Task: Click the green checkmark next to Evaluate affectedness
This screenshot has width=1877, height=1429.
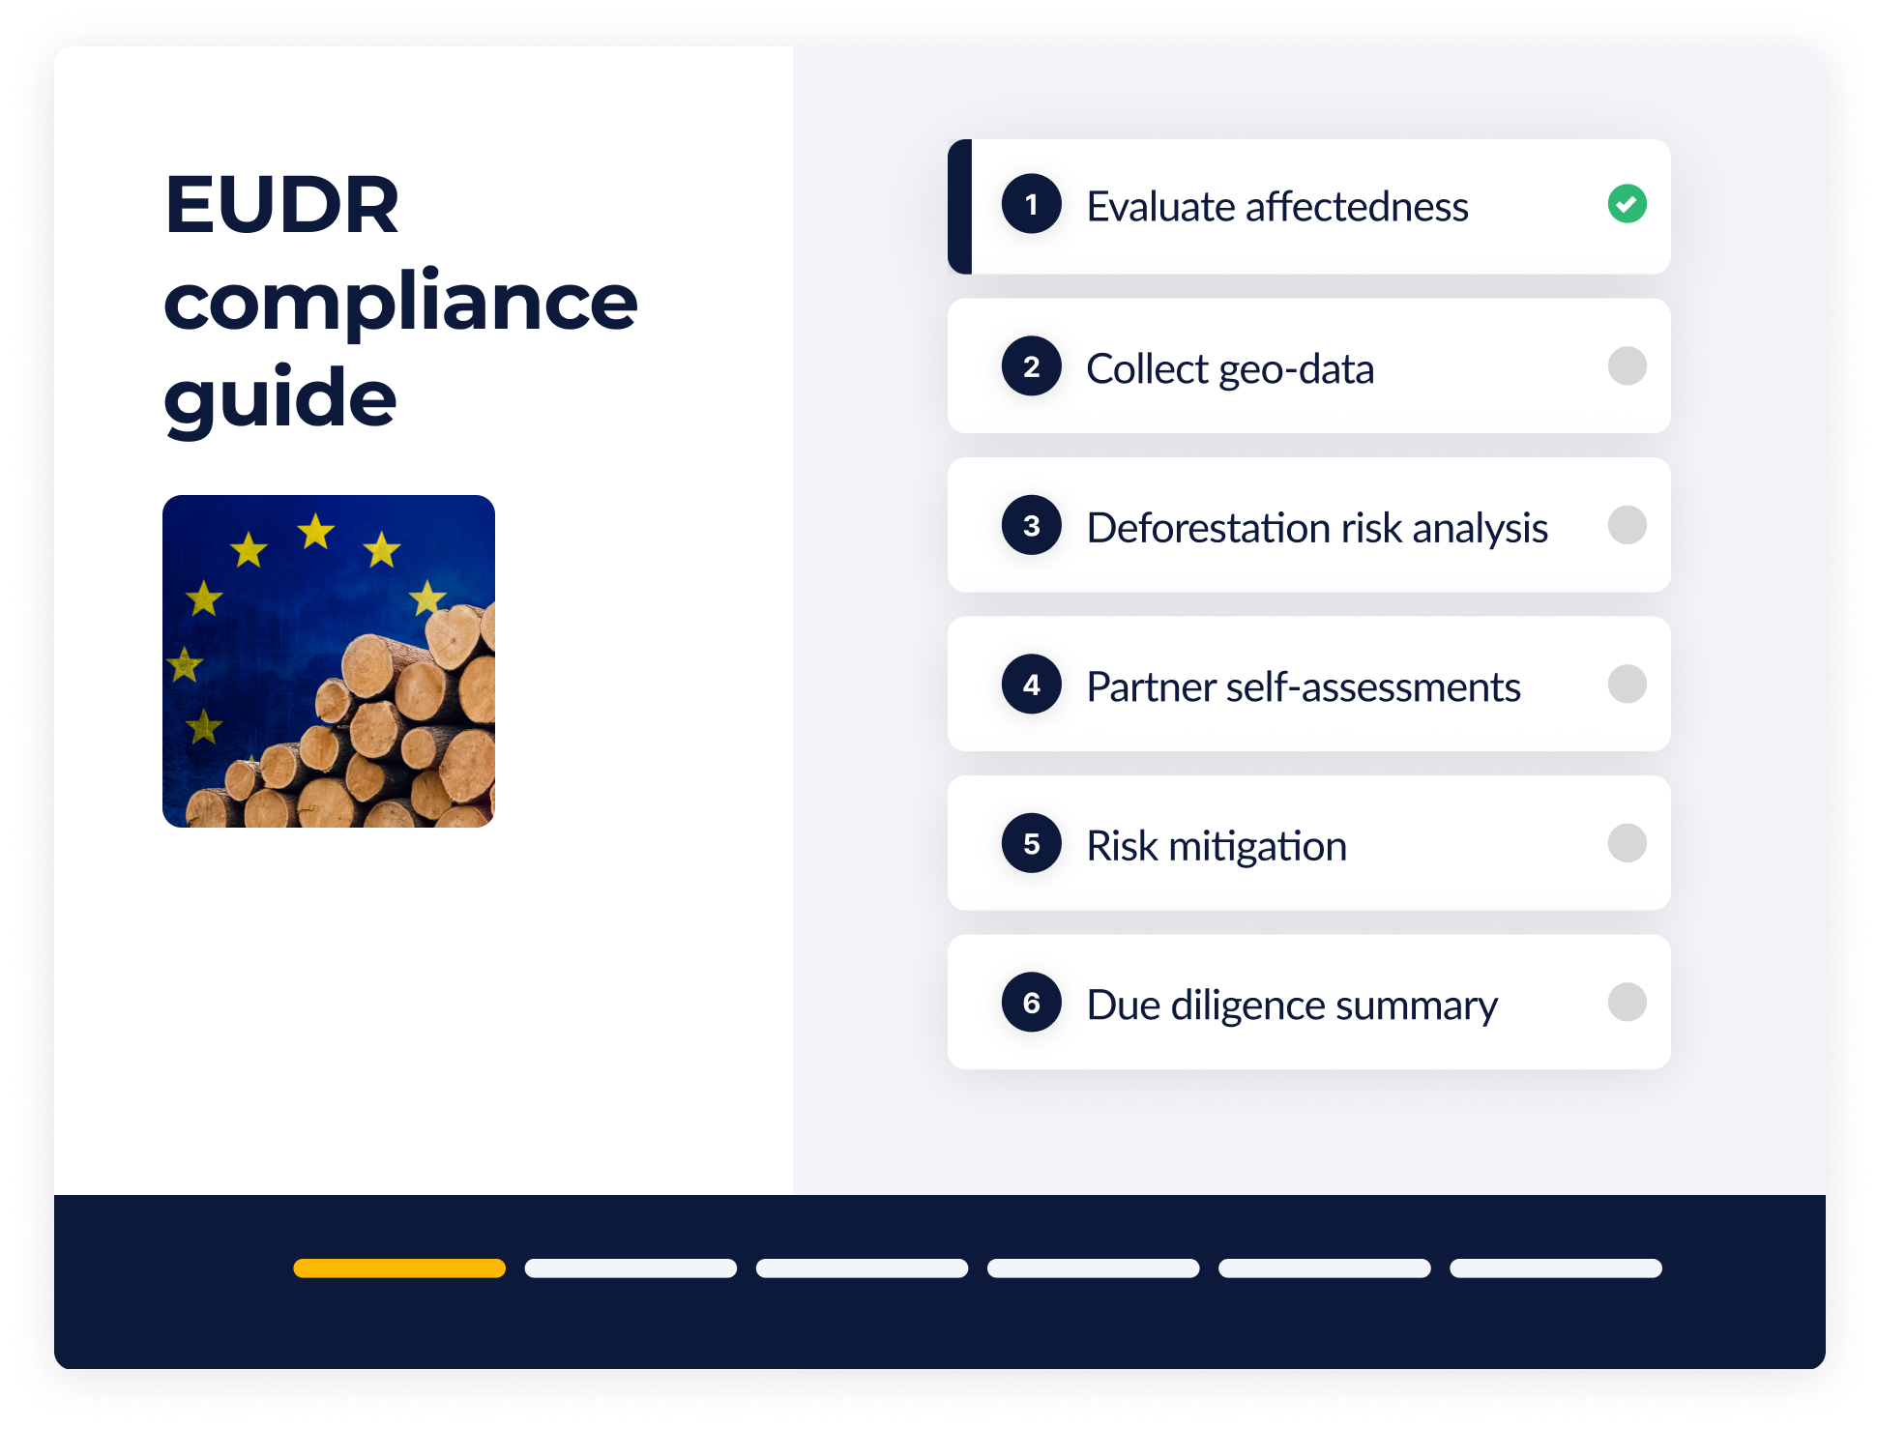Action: [x=1627, y=204]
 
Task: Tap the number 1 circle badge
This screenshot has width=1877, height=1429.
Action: [x=1031, y=204]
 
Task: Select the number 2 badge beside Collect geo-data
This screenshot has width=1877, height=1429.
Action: [x=1031, y=366]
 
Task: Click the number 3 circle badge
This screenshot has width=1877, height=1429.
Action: [x=1031, y=525]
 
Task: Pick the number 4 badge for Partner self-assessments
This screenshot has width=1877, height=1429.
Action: [x=1031, y=685]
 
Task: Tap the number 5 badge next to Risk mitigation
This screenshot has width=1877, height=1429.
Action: [x=1031, y=843]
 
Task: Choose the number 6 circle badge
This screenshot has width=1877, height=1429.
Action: [x=1031, y=1003]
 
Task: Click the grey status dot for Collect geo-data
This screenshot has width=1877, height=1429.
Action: [x=1627, y=366]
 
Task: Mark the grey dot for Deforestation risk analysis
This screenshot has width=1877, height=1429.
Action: [x=1627, y=525]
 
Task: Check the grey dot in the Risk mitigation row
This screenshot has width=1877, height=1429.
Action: [x=1627, y=843]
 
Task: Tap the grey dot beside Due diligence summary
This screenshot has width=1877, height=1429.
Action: [x=1627, y=1003]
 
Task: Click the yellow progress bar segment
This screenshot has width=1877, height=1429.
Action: [x=399, y=1269]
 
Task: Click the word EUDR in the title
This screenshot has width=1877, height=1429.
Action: [x=281, y=205]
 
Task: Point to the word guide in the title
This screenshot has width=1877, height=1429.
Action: [x=280, y=398]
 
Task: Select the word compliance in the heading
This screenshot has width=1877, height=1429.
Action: [x=400, y=302]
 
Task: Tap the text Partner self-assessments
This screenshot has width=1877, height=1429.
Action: [x=1303, y=686]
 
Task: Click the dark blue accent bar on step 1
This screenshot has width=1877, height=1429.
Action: [x=959, y=207]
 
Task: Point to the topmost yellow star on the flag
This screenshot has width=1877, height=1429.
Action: [x=315, y=531]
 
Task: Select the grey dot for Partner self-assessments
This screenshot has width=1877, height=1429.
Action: [x=1627, y=685]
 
